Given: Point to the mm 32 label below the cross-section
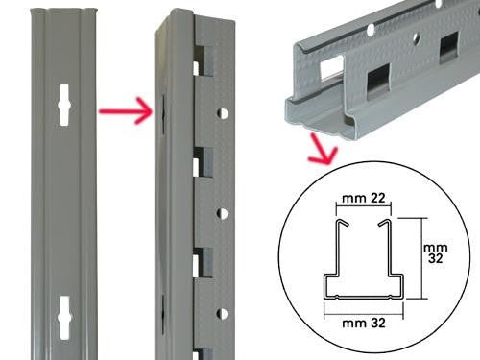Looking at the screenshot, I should (x=361, y=324).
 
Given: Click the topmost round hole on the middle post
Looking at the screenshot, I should (x=223, y=113).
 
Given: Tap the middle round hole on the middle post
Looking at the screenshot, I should (x=223, y=214).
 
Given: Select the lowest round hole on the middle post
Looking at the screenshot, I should (x=223, y=314).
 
